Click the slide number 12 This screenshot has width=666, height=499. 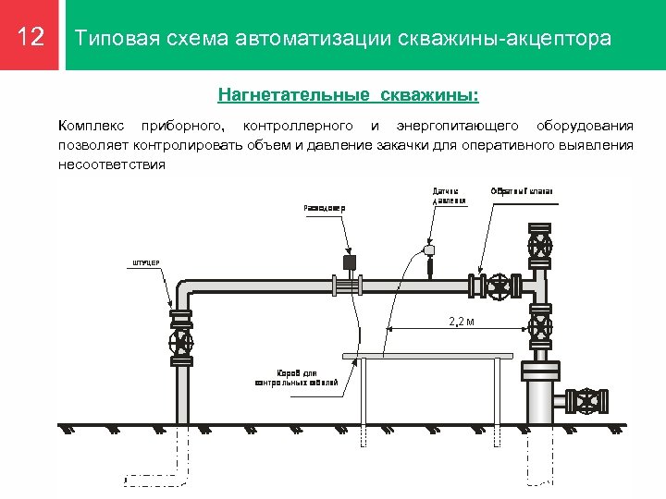tap(31, 38)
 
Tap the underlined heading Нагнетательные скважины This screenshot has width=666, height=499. tap(349, 94)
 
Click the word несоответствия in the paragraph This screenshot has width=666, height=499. tap(111, 164)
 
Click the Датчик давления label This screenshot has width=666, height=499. tap(447, 196)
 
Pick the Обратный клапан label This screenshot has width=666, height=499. tap(522, 191)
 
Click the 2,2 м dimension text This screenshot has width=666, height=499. tap(461, 322)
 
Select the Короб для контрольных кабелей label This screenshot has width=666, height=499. tap(296, 377)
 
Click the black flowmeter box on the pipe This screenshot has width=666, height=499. tap(349, 263)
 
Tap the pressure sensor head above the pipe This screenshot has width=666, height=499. tap(427, 249)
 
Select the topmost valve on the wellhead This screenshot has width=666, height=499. tap(540, 248)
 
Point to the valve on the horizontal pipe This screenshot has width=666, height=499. tap(500, 286)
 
